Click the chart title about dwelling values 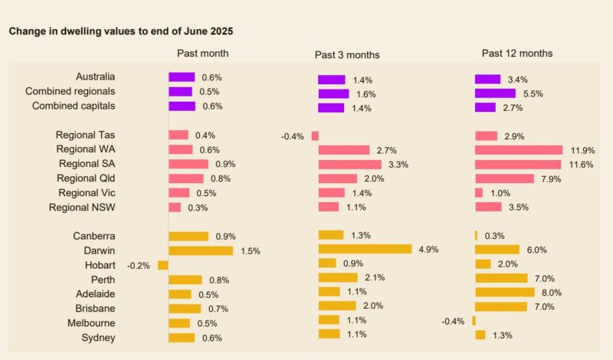pyautogui.click(x=120, y=31)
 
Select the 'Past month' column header pyautogui.click(x=202, y=54)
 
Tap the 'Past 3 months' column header pyautogui.click(x=347, y=54)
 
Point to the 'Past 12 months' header pyautogui.click(x=516, y=54)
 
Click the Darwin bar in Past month pyautogui.click(x=201, y=250)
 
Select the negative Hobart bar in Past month pyautogui.click(x=162, y=265)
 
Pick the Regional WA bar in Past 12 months pyautogui.click(x=519, y=150)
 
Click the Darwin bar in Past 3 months pyautogui.click(x=365, y=249)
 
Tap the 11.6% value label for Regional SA pyautogui.click(x=582, y=165)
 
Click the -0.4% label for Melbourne pyautogui.click(x=453, y=321)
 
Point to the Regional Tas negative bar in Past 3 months pyautogui.click(x=315, y=136)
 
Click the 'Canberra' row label pyautogui.click(x=94, y=236)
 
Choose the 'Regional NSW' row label pyautogui.click(x=82, y=207)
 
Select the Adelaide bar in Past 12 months pyautogui.click(x=505, y=292)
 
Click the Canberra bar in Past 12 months pyautogui.click(x=476, y=235)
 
